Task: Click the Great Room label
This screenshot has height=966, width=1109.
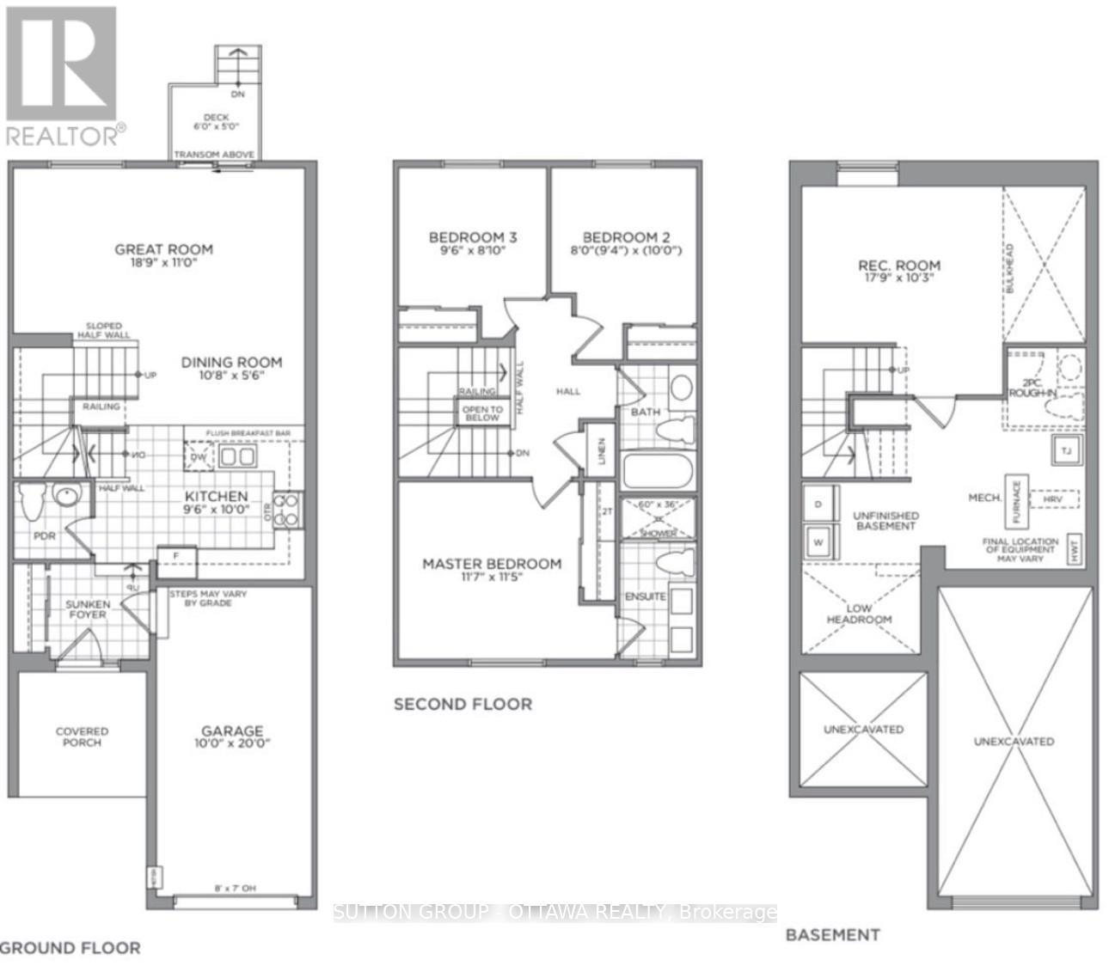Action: click(163, 249)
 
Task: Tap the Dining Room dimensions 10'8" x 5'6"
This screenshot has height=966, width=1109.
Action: click(231, 376)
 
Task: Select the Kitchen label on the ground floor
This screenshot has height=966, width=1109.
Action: click(217, 496)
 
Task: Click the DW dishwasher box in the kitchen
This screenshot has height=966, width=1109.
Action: click(198, 455)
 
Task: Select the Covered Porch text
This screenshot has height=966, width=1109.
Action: click(83, 737)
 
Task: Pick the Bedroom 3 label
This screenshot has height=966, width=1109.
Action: click(473, 237)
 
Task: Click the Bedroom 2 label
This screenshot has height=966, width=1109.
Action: click(626, 237)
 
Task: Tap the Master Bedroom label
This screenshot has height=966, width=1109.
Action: click(492, 564)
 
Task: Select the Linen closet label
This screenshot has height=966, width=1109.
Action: click(601, 451)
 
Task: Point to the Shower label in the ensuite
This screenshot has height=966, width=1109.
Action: click(659, 533)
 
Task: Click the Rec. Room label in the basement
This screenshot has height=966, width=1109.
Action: click(898, 266)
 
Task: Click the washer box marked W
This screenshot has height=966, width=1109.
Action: click(818, 542)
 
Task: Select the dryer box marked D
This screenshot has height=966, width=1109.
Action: click(818, 504)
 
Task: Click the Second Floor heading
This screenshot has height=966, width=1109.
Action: click(463, 704)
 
